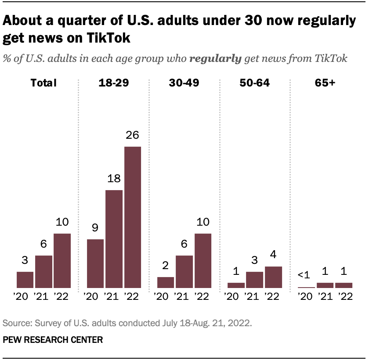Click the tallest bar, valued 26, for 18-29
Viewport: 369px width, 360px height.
point(133,217)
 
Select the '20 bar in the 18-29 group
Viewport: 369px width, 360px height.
point(95,263)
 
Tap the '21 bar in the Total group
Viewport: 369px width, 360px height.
point(43,272)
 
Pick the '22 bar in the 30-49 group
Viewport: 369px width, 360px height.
point(203,261)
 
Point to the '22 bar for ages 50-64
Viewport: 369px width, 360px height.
point(273,277)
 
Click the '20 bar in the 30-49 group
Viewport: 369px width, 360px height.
point(166,282)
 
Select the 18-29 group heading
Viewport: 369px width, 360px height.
point(114,82)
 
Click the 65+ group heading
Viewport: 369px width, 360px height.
point(325,82)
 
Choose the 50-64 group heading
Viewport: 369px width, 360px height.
point(254,82)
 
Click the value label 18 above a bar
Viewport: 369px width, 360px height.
point(114,179)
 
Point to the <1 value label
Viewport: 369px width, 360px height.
point(304,275)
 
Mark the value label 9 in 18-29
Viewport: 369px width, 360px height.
point(95,228)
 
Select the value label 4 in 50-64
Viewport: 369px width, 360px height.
point(273,255)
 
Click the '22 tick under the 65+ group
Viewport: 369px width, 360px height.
point(344,296)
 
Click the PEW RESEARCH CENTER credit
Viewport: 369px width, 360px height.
point(53,339)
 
